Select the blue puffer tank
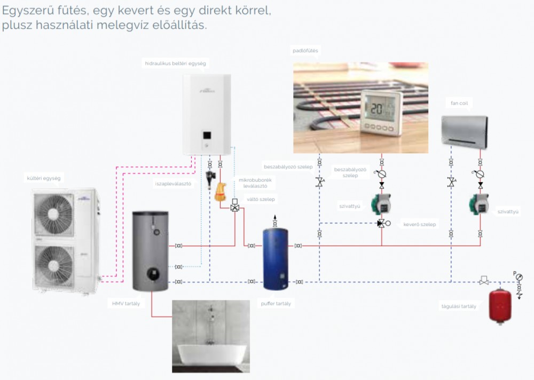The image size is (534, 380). tap(275, 258)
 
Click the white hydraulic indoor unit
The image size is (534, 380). tap(207, 114)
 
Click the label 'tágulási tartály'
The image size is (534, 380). tap(458, 306)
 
